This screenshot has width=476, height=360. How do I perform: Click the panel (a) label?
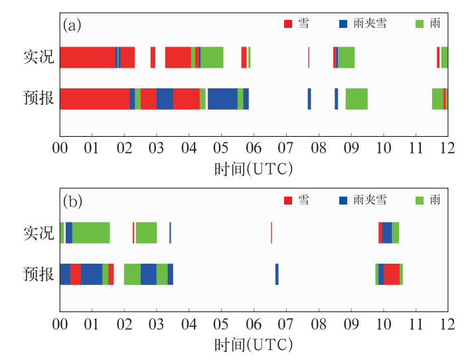click(72, 26)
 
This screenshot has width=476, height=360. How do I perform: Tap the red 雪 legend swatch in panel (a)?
click(288, 24)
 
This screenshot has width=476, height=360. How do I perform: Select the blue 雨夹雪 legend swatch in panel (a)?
click(343, 24)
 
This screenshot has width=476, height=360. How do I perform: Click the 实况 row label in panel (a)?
click(37, 58)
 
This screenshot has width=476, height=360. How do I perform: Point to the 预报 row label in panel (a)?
click(37, 99)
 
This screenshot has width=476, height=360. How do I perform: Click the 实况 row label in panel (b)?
click(37, 233)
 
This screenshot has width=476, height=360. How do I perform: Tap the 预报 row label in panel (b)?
click(37, 274)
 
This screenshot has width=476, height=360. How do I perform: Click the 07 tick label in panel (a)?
click(286, 147)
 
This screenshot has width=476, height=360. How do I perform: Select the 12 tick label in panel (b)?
click(447, 325)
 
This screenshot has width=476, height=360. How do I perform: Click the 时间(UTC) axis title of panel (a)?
click(254, 169)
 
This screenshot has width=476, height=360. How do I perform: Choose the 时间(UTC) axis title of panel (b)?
click(254, 346)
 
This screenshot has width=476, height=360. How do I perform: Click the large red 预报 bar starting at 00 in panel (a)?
click(94, 99)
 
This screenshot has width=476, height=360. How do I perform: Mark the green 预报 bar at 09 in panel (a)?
click(357, 99)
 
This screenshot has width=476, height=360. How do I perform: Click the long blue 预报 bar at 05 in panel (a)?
click(222, 99)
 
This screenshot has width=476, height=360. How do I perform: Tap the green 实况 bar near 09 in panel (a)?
click(346, 58)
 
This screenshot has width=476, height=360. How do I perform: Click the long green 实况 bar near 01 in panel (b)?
click(91, 233)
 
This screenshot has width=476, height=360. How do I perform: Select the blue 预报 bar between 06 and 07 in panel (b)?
click(277, 274)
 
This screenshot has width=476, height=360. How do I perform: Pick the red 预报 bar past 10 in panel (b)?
click(392, 274)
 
